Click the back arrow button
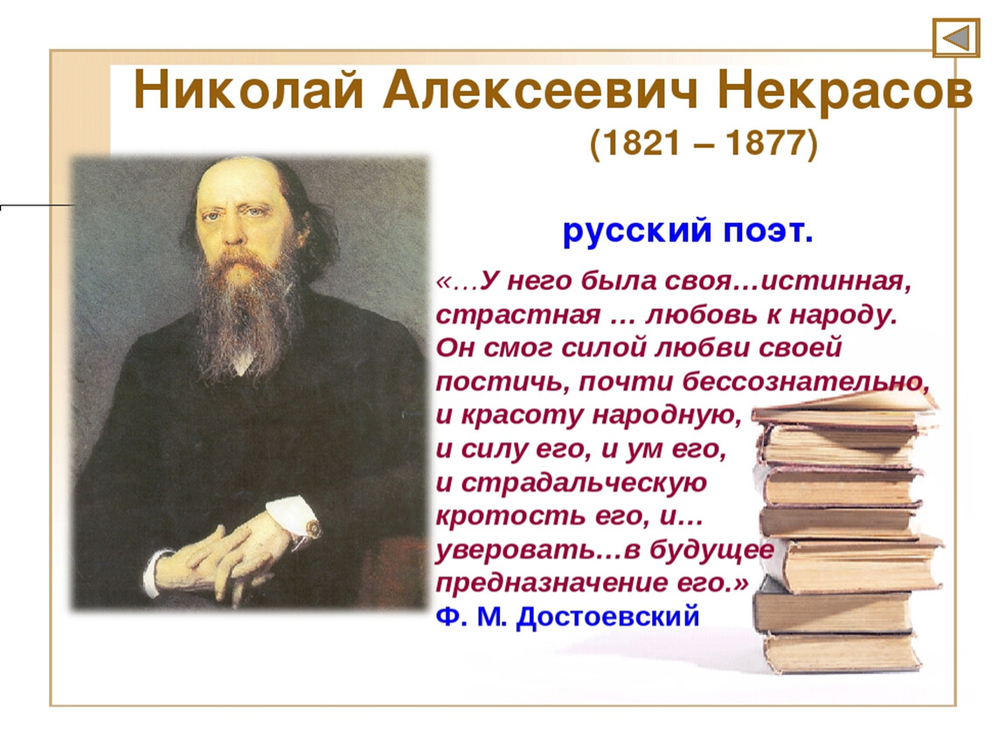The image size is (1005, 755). [x=956, y=38]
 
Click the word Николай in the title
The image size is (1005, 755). [x=249, y=91]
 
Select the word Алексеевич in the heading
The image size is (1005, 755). [x=540, y=91]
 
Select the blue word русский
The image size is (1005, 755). [x=637, y=231]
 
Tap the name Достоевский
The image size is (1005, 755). [x=607, y=616]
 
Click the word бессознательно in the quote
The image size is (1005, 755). [x=806, y=381]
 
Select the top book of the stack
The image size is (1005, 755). [x=845, y=409]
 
